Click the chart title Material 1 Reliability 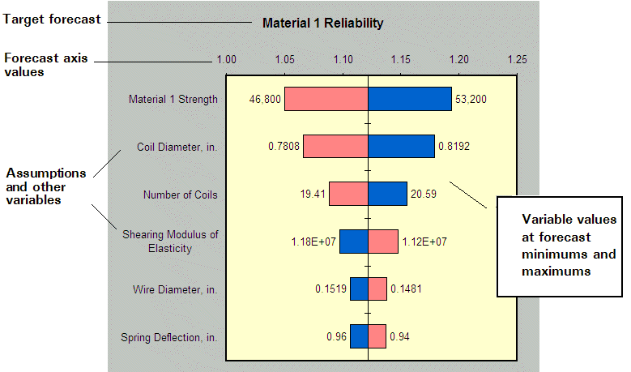(322, 24)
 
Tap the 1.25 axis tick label (517, 59)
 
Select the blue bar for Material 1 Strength (410, 99)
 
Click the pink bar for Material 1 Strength (326, 99)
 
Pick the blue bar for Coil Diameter (401, 147)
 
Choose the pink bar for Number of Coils (348, 195)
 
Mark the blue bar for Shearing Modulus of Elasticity (353, 242)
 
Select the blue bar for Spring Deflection (359, 336)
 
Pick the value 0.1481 (406, 289)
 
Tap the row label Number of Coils (180, 195)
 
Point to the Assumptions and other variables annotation (45, 186)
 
